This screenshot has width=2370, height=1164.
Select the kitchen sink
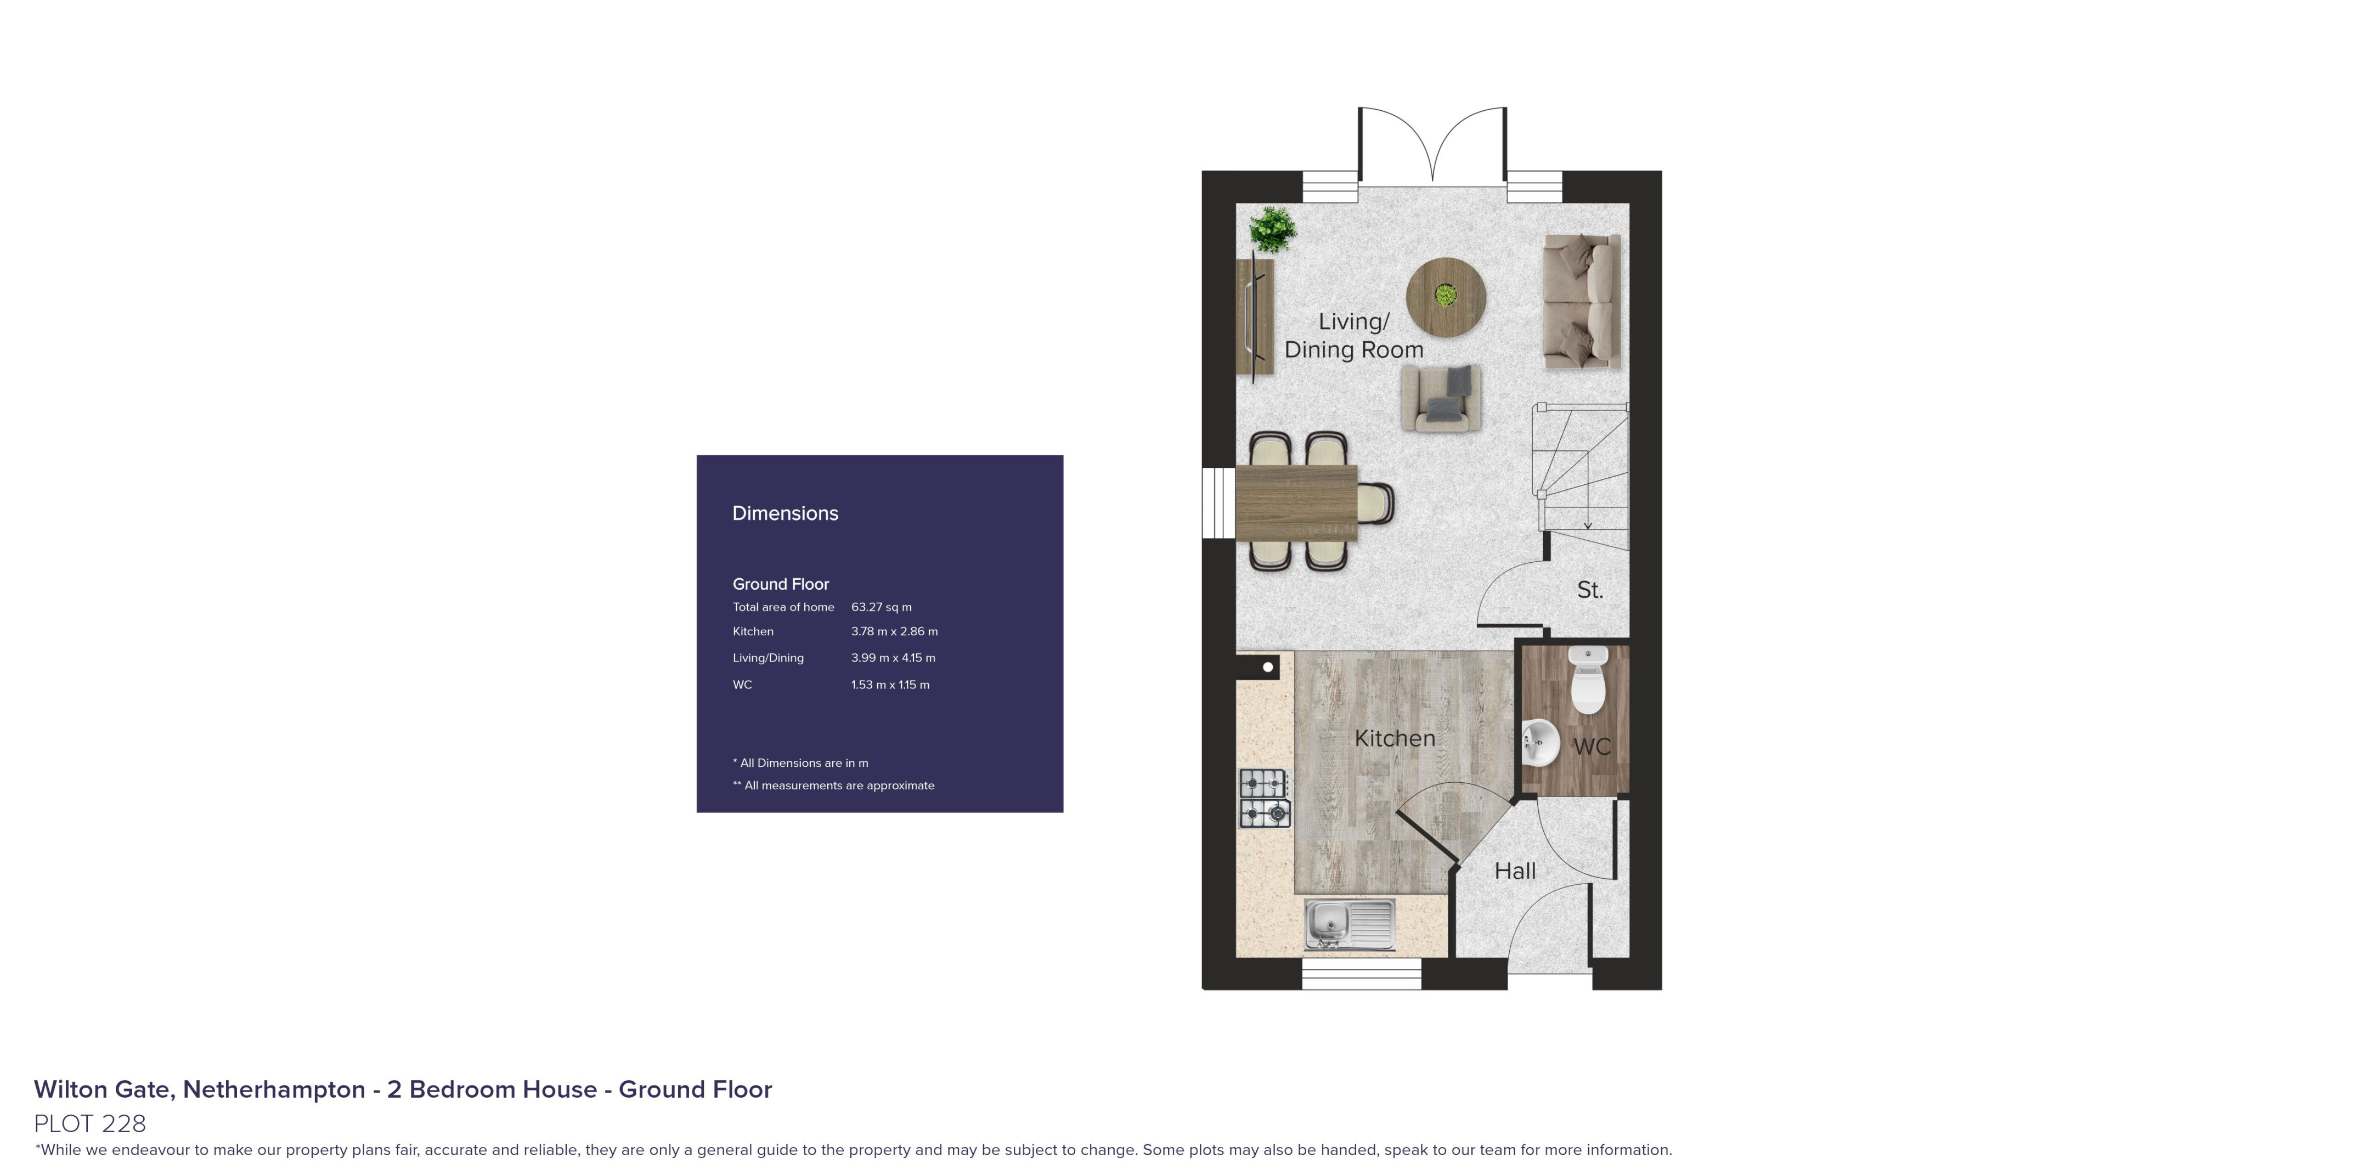[x=1350, y=924]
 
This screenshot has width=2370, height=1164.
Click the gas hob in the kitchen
[x=1264, y=798]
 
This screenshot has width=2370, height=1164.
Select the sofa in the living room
[x=1581, y=301]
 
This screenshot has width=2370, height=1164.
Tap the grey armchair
[x=1441, y=398]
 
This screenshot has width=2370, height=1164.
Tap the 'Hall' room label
[x=1514, y=871]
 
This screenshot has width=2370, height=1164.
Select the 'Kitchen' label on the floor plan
[x=1394, y=738]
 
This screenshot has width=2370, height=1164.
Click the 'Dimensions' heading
[x=785, y=513]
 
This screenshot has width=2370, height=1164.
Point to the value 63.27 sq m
[x=881, y=607]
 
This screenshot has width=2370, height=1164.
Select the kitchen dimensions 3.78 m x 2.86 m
[x=893, y=631]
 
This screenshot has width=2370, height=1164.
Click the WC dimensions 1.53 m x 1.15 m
[x=890, y=685]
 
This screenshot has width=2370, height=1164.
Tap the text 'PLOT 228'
[x=90, y=1123]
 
